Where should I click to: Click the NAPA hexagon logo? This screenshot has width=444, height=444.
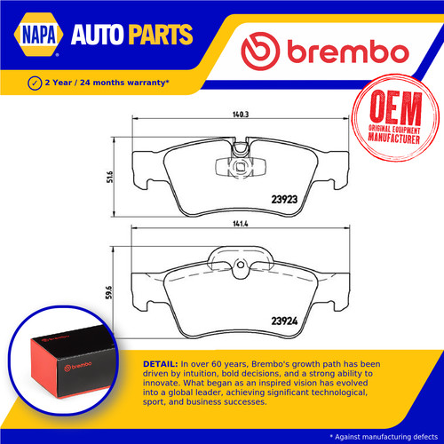pyautogui.click(x=38, y=35)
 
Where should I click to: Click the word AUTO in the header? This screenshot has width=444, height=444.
pyautogui.click(x=97, y=35)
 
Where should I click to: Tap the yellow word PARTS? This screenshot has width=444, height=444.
pyautogui.click(x=161, y=35)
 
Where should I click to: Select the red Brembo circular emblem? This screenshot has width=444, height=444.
pyautogui.click(x=260, y=51)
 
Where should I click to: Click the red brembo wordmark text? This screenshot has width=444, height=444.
pyautogui.click(x=348, y=51)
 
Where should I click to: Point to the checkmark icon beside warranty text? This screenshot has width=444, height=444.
pyautogui.click(x=35, y=83)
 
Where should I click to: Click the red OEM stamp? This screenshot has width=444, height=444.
pyautogui.click(x=395, y=118)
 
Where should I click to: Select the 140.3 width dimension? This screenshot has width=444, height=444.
pyautogui.click(x=241, y=115)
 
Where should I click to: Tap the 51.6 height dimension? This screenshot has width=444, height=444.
pyautogui.click(x=110, y=177)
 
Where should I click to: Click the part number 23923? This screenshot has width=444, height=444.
pyautogui.click(x=284, y=200)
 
